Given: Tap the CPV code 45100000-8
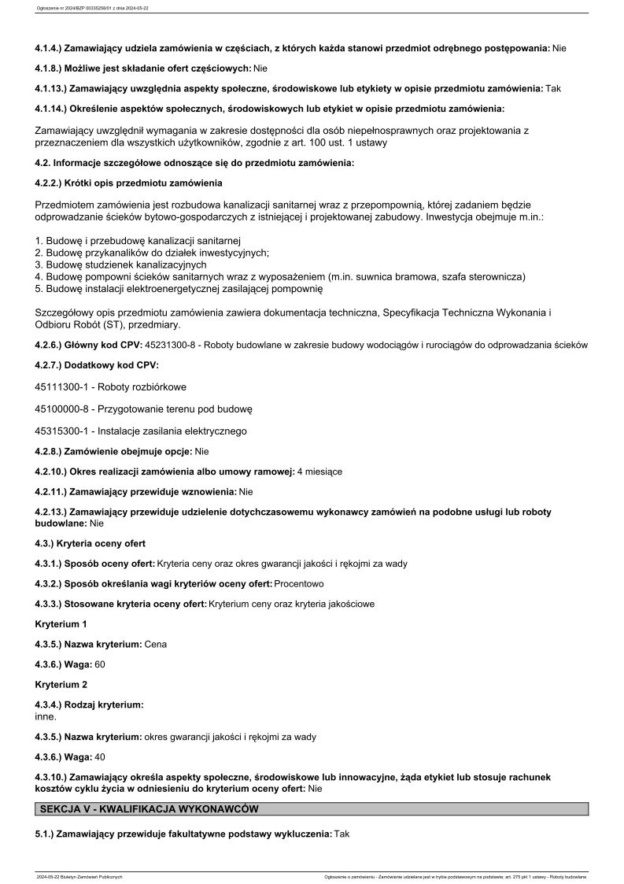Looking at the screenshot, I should [x=62, y=409].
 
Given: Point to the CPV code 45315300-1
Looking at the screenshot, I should [x=62, y=431].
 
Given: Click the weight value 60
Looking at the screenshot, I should [x=99, y=664].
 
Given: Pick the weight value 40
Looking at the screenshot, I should [x=99, y=757].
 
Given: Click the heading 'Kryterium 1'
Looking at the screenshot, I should [x=61, y=623].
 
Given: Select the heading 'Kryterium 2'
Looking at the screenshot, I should [x=61, y=685].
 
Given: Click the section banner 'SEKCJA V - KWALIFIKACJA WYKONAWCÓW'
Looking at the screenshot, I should [x=150, y=808].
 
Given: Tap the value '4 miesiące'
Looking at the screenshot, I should [x=319, y=472].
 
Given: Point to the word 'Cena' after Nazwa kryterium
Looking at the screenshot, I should [x=156, y=644].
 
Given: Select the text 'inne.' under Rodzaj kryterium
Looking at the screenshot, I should [x=46, y=716].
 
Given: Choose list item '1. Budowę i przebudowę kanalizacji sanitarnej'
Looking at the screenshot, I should [x=138, y=240].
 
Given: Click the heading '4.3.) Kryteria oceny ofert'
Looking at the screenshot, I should [x=90, y=543].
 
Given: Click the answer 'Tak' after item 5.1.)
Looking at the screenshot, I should [x=342, y=834].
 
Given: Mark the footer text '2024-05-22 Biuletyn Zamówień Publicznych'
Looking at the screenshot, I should [x=79, y=876].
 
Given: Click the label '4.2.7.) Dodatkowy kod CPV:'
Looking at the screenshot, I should [x=97, y=365].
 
